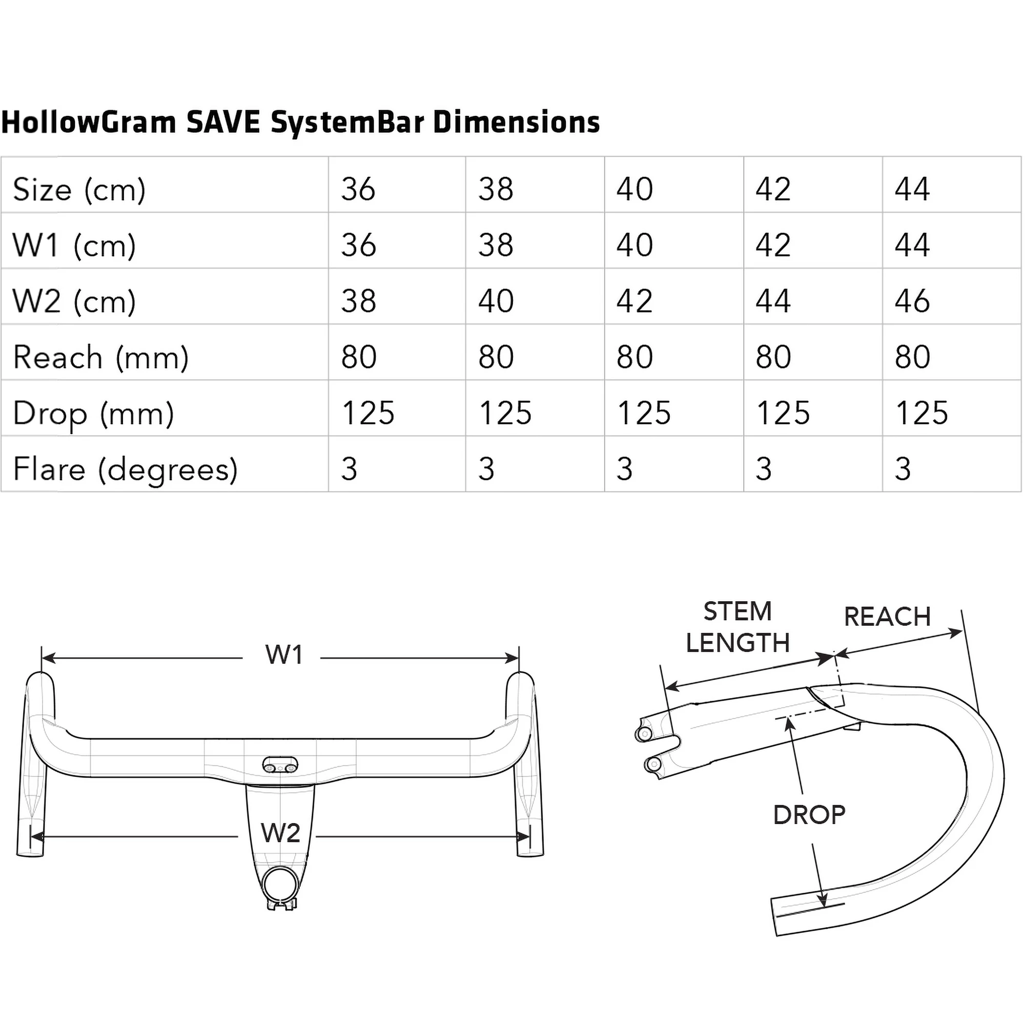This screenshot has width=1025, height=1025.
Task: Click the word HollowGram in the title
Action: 89,122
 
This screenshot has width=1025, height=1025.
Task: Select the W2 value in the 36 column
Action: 359,301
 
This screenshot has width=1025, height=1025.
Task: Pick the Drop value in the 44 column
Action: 921,413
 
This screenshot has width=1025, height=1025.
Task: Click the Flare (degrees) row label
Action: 125,469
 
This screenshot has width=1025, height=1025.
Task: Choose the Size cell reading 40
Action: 634,189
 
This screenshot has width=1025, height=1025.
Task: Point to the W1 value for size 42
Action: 773,245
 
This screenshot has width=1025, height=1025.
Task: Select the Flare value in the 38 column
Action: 486,469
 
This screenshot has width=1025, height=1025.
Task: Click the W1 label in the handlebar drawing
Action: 284,654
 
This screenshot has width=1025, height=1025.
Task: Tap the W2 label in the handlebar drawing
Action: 281,833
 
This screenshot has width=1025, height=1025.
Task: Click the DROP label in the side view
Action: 809,815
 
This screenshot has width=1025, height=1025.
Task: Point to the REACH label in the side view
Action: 887,617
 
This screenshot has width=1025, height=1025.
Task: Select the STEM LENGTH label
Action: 737,627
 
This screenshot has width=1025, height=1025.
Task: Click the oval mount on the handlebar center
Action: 280,765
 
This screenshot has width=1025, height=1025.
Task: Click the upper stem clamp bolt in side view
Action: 644,734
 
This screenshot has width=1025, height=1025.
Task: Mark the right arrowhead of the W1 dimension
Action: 513,659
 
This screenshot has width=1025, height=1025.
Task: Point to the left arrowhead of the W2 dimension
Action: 36,837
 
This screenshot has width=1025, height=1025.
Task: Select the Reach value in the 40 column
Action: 634,357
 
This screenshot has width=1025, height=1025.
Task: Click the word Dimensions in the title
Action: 516,122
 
